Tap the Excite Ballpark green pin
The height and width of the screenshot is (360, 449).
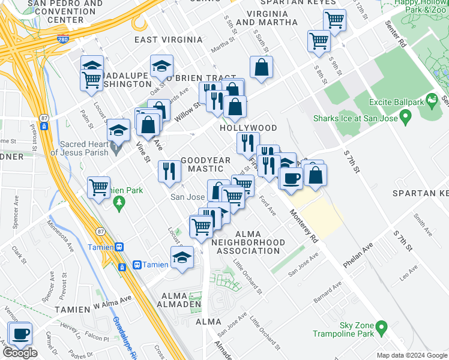coord(430,99)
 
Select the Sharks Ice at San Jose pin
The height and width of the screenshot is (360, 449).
coord(406,118)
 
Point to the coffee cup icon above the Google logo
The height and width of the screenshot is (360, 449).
coord(20,334)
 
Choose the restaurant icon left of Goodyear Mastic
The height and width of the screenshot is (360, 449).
coord(169,172)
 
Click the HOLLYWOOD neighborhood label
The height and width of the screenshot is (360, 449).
coord(248,128)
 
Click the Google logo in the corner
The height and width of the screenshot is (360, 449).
coord(20,353)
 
